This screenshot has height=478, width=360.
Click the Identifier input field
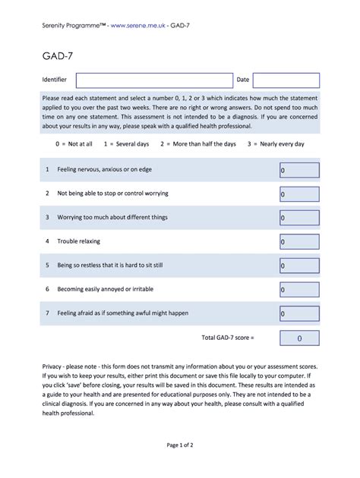pyautogui.click(x=154, y=80)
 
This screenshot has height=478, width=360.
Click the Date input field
pyautogui.click(x=286, y=80)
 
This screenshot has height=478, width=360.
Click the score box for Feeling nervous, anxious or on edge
pyautogui.click(x=299, y=171)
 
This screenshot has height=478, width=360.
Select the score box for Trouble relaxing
pyautogui.click(x=299, y=242)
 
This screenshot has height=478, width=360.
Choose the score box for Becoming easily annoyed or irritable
pyautogui.click(x=299, y=290)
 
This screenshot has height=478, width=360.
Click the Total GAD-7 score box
pyautogui.click(x=299, y=338)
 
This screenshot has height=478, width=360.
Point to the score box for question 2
pyautogui.click(x=299, y=194)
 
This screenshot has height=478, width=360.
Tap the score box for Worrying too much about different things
pyautogui.click(x=299, y=219)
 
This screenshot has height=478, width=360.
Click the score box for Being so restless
pyautogui.click(x=299, y=266)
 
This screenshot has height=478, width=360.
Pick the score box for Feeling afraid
pyautogui.click(x=299, y=313)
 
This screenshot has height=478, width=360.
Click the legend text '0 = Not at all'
pyautogui.click(x=74, y=143)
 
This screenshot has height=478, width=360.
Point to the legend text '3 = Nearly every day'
pyautogui.click(x=270, y=143)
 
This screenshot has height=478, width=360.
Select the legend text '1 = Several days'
pyautogui.click(x=126, y=143)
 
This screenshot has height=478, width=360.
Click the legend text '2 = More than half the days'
pyautogui.click(x=197, y=143)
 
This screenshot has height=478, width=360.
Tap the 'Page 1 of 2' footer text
pyautogui.click(x=180, y=445)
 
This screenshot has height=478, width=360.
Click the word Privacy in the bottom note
pyautogui.click(x=55, y=365)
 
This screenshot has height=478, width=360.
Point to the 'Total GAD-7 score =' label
pyautogui.click(x=228, y=337)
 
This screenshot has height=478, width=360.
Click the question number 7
pyautogui.click(x=47, y=313)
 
